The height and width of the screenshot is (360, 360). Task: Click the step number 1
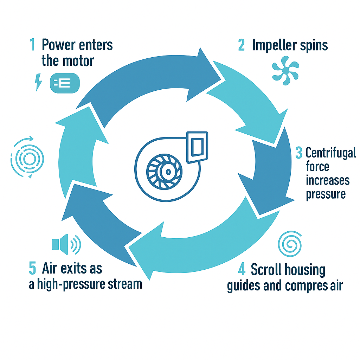pyautogui.click(x=32, y=45)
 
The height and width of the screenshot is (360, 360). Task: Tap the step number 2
pyautogui.click(x=241, y=45)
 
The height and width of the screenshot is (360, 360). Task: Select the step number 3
pyautogui.click(x=298, y=153)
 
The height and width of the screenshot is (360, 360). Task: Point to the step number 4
pyautogui.click(x=242, y=270)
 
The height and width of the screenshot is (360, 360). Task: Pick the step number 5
pyautogui.click(x=32, y=268)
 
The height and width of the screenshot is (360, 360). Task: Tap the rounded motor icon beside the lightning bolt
pyautogui.click(x=65, y=83)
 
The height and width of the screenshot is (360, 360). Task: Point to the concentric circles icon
pyautogui.click(x=27, y=158)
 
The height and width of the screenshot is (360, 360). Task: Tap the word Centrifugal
pyautogui.click(x=330, y=153)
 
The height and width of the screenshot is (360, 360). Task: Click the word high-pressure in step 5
pyautogui.click(x=77, y=283)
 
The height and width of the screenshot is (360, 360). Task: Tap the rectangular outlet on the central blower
pyautogui.click(x=197, y=147)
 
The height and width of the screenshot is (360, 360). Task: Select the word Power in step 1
pyautogui.click(x=58, y=45)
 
